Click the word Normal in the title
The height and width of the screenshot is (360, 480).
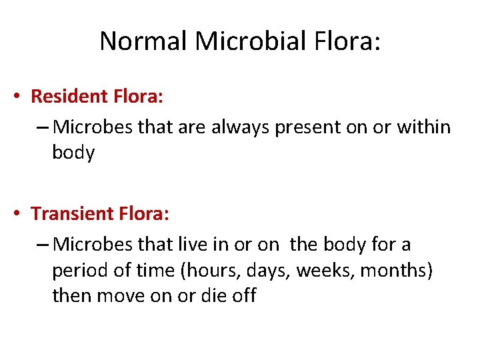(x=144, y=41)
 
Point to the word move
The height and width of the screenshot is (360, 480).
(x=123, y=296)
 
